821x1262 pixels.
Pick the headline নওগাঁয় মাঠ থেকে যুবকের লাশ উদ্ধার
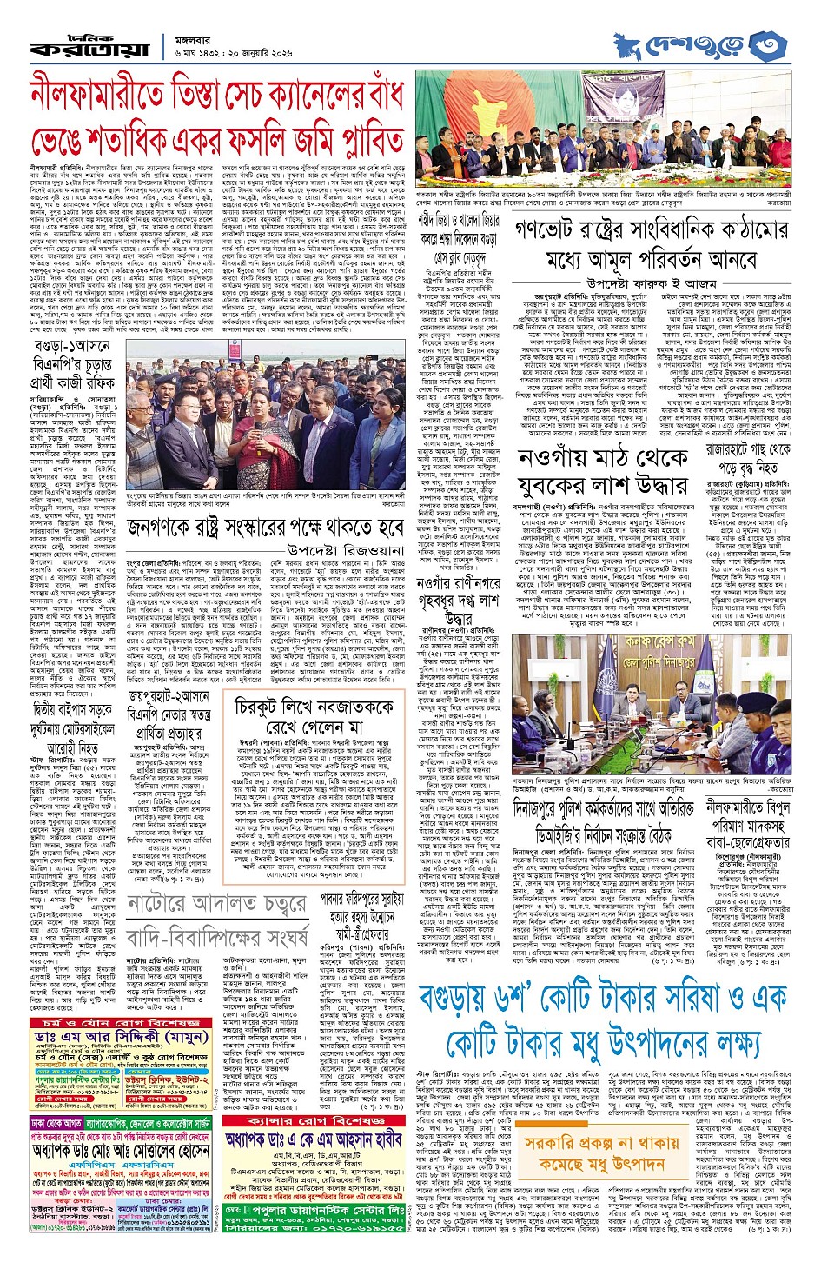pos(599,468)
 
